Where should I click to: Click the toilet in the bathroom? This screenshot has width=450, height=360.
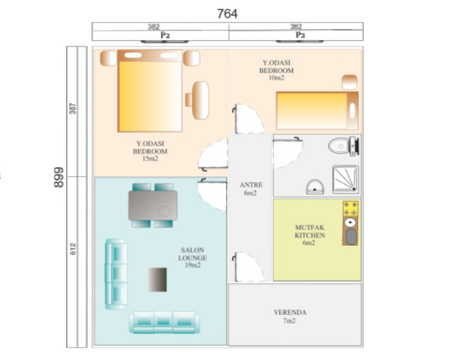tap(344, 146)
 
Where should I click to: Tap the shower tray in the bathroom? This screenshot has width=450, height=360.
tap(345, 179)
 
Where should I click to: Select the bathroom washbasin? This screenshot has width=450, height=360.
tap(315, 187)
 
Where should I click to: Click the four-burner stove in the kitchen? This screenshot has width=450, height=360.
tap(350, 209)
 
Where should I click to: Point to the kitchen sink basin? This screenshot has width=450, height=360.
tap(350, 236)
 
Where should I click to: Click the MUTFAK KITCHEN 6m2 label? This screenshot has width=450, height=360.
tap(310, 235)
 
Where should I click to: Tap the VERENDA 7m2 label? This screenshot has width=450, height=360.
tap(290, 316)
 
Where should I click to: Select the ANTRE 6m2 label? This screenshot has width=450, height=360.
tap(251, 189)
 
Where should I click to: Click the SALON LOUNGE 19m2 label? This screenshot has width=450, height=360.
tap(192, 258)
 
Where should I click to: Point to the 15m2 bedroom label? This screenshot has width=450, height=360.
tap(150, 151)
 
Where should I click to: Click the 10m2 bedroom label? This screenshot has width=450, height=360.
tap(276, 70)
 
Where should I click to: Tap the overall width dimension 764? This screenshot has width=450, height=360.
tap(227, 13)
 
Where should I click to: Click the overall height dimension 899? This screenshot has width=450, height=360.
tap(58, 177)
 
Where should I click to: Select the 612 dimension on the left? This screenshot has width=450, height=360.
tap(73, 249)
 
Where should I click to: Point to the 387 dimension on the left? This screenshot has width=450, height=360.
tap(73, 109)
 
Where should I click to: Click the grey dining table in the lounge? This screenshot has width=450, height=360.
tap(152, 205)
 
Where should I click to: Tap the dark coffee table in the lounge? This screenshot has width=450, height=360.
tap(157, 280)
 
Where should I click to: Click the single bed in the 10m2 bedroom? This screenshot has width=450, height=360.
tap(317, 111)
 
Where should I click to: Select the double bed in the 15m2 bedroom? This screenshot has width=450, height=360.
tap(150, 91)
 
